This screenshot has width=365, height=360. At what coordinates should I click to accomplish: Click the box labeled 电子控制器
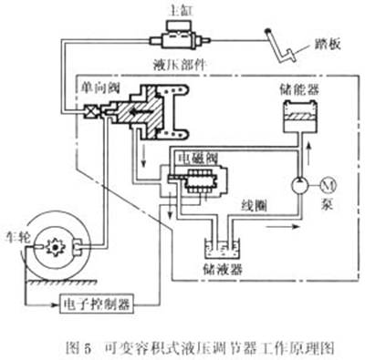100,301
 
